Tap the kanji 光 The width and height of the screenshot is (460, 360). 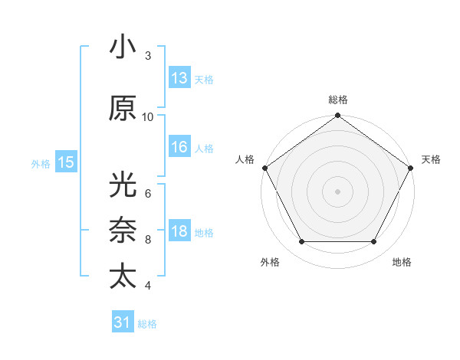click(x=123, y=185)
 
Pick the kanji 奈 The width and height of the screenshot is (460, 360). click(x=123, y=231)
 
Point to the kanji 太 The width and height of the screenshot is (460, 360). click(x=123, y=276)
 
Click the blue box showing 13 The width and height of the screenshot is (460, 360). click(x=179, y=78)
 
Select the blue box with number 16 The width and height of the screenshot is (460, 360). click(x=179, y=147)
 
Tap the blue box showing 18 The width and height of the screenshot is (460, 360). click(x=179, y=231)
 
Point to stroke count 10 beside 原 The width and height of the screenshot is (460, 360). click(x=148, y=116)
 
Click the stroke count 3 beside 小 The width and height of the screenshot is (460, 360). click(x=148, y=56)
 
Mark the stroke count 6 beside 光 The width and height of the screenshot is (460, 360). click(x=148, y=193)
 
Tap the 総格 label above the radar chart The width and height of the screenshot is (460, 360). click(x=338, y=100)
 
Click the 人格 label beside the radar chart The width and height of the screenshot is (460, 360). click(x=245, y=159)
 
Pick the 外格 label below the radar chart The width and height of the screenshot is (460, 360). click(x=270, y=262)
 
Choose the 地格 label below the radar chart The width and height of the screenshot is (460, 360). click(x=402, y=262)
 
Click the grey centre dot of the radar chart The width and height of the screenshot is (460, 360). click(x=338, y=191)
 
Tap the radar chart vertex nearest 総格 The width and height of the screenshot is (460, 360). click(x=338, y=116)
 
